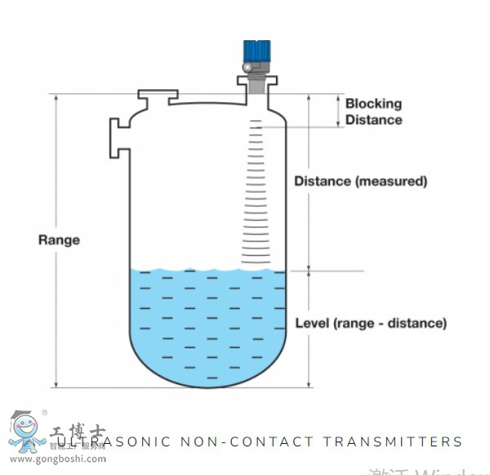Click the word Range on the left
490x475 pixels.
coord(60,240)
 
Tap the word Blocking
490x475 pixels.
coord(373,104)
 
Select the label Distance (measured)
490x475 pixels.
coord(361,181)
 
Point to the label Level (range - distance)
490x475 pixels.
coord(371,323)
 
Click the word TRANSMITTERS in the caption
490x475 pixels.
coord(393,441)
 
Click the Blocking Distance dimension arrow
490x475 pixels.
coord(337,110)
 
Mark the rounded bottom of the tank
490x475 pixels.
coord(209,372)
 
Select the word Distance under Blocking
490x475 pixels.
coord(373,120)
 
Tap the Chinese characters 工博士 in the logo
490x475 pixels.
coord(78,432)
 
